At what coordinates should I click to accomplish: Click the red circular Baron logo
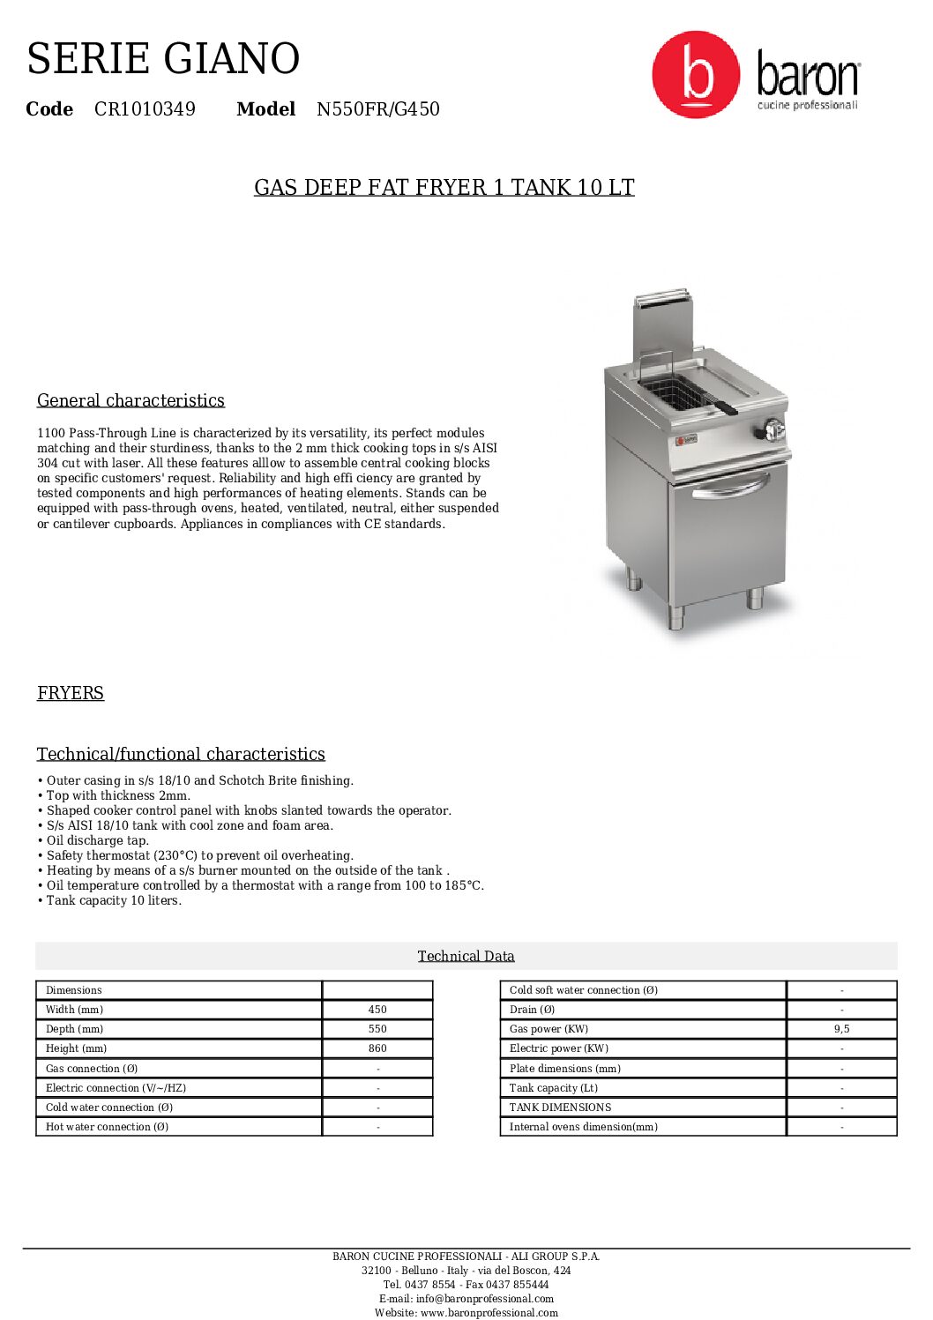[695, 75]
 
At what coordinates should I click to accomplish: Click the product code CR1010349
[145, 109]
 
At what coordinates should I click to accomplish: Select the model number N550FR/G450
[377, 109]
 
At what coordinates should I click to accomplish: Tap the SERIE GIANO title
[163, 59]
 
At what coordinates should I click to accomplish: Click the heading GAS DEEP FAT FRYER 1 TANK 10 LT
[444, 188]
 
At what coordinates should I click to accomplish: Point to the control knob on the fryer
[773, 429]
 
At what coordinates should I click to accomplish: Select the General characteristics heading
[131, 400]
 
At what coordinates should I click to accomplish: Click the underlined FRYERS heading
[71, 693]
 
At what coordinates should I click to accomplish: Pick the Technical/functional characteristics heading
[181, 754]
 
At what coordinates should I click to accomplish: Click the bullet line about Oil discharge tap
[96, 840]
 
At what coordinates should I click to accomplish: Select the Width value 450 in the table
[377, 1010]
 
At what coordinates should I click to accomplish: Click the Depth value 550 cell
[377, 1029]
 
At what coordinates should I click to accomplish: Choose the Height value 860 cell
[377, 1048]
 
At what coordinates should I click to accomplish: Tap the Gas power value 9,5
[841, 1029]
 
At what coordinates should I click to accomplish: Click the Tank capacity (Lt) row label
[554, 1088]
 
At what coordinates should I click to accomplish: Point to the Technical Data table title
[466, 956]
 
